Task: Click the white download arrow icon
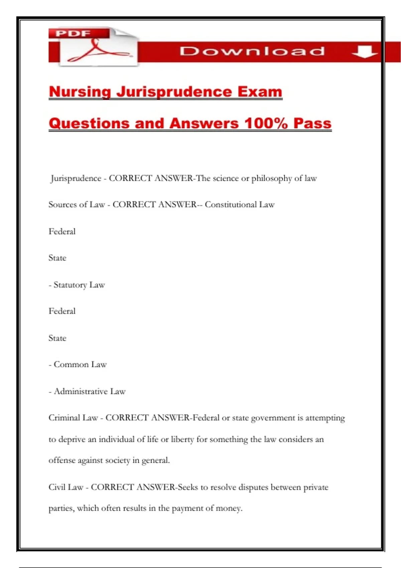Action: (364, 51)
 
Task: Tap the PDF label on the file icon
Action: (73, 33)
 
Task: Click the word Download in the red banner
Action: (252, 51)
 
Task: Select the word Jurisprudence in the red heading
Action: (174, 92)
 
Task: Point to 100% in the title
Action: (266, 123)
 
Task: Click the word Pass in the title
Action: (312, 123)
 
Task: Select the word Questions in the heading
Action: (89, 123)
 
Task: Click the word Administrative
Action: (81, 391)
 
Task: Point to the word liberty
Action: (182, 439)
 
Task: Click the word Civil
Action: (56, 487)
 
